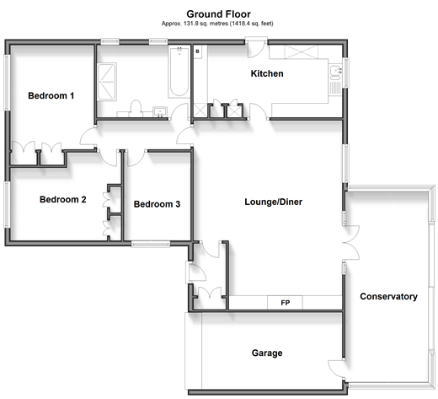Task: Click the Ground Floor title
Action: [218, 14]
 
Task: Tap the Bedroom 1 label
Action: [51, 96]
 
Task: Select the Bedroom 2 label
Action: [63, 200]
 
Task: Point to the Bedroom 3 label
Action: [157, 204]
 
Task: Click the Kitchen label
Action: [267, 73]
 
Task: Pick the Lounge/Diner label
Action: [274, 202]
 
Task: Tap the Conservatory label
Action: [389, 296]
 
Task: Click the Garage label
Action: [267, 353]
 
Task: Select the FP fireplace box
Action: [285, 303]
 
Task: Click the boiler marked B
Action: [198, 51]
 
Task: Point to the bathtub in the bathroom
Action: [179, 73]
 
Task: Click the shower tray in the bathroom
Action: [107, 82]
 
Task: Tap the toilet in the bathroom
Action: [136, 108]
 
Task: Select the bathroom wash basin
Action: [160, 111]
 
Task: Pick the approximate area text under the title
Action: [217, 24]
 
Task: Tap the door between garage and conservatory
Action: [336, 369]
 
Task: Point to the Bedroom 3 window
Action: [151, 244]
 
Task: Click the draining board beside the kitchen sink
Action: [335, 88]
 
